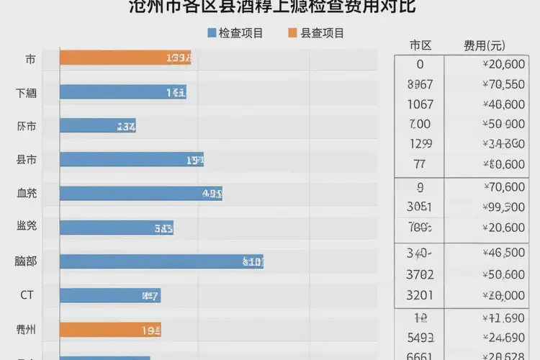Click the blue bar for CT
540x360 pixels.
coord(109,295)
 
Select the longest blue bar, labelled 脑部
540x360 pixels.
coord(161,261)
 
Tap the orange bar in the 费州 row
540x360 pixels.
coord(109,330)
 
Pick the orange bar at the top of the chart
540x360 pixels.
coord(125,58)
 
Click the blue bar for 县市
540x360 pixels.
coord(131,160)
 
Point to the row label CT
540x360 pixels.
coord(27,295)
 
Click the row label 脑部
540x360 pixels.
coord(27,261)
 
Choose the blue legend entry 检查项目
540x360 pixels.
coord(235,33)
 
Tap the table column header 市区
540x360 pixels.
coord(420,45)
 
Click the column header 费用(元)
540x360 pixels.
coord(485,45)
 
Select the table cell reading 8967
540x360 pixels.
coord(420,84)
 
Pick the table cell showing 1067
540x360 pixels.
coord(420,104)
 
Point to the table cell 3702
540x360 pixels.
coord(420,274)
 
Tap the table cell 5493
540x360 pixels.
coord(420,337)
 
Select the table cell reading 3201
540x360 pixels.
coord(420,294)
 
